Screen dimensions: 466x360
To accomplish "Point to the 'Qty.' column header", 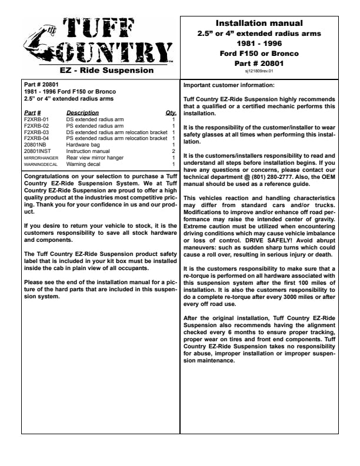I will click(x=171, y=112).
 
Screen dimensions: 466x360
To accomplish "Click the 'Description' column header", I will click(x=82, y=112).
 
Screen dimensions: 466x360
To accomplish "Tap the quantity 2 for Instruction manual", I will click(x=174, y=151).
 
